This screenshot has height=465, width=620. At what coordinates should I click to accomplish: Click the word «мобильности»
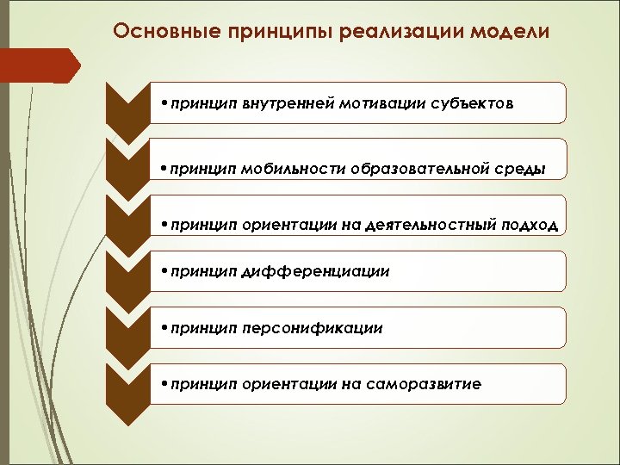(289, 168)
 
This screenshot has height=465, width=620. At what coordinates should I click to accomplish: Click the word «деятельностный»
(430, 225)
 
